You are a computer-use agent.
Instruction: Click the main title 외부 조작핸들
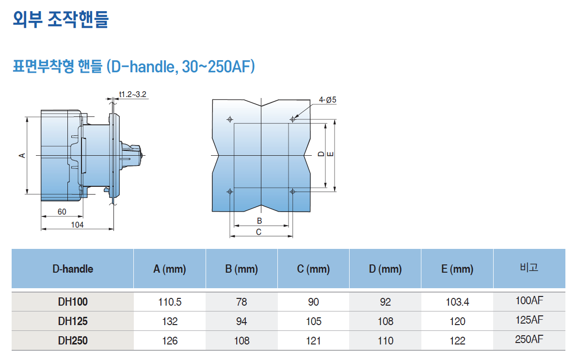pos(61,19)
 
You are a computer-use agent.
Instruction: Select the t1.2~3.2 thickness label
pos(133,95)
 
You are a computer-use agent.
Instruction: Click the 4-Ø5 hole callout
pos(328,99)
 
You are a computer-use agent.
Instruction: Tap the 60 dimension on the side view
pos(62,212)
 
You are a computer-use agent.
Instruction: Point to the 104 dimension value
pos(77,225)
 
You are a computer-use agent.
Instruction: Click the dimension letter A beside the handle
pos(22,156)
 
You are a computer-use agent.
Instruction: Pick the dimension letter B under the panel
pos(259,221)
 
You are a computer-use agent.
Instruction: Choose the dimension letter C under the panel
pos(259,232)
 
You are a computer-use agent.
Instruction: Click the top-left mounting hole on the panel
pos(230,119)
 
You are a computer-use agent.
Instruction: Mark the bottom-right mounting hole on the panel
pos(293,192)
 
